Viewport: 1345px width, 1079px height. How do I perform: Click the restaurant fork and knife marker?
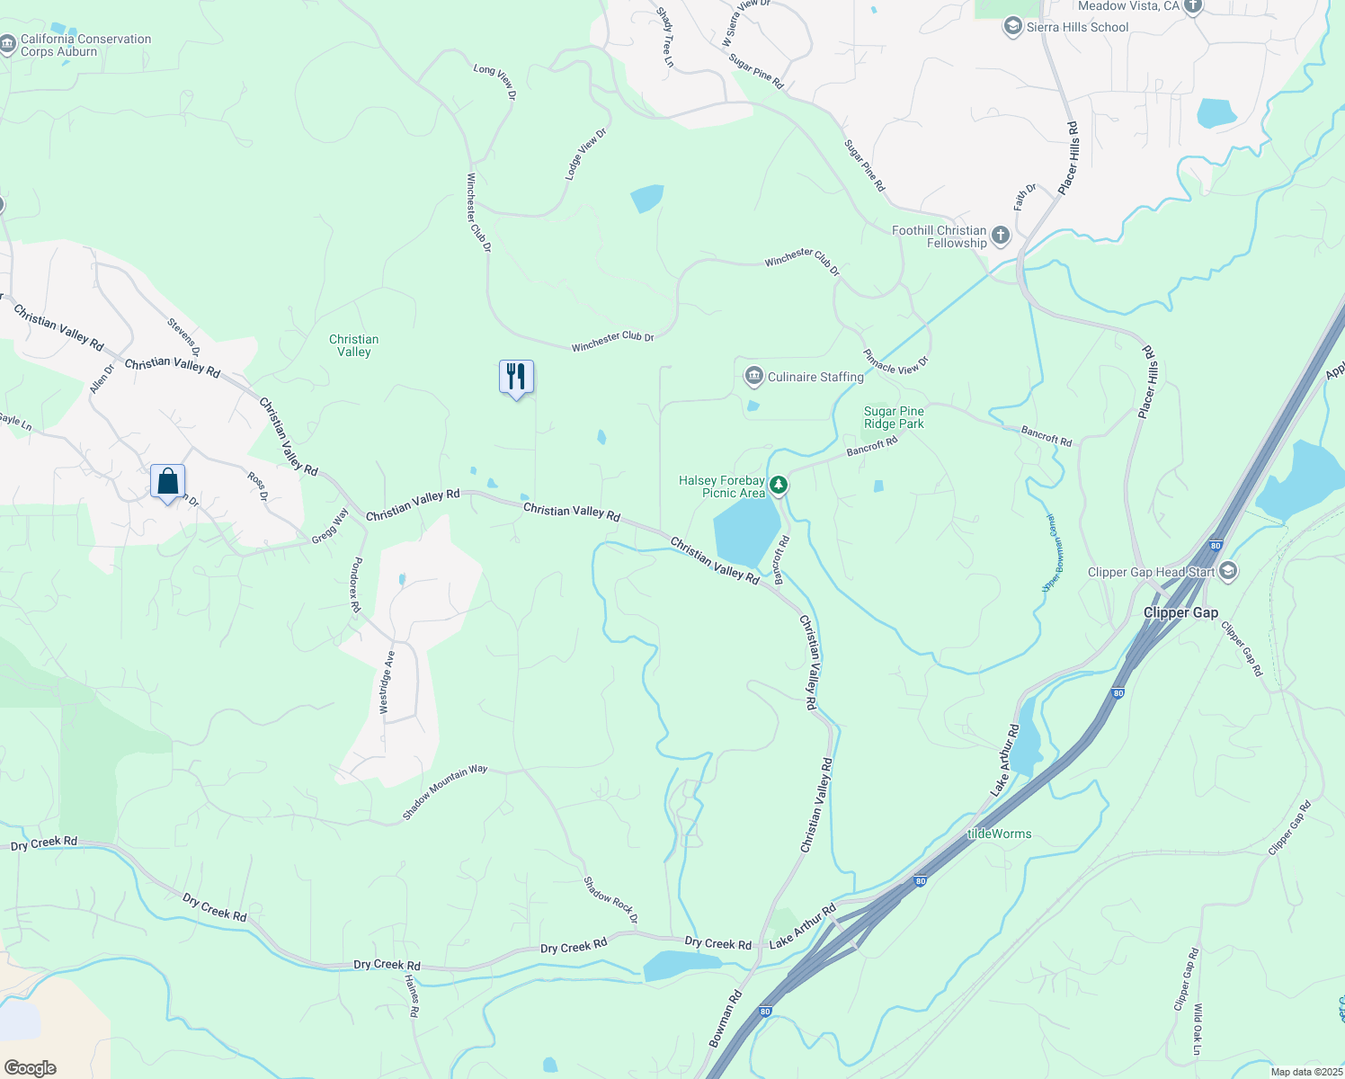516,377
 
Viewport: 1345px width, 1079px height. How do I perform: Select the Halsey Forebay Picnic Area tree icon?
779,486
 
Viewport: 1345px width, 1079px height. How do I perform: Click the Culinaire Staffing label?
815,377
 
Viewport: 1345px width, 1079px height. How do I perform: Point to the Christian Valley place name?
353,345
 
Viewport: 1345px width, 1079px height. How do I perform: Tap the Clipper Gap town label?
1180,612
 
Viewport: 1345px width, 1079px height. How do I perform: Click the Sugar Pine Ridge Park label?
894,417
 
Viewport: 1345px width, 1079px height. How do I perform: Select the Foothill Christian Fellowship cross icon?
1001,236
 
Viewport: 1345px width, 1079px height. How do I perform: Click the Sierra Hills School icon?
1013,27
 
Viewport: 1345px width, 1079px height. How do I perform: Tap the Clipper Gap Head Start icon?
1228,571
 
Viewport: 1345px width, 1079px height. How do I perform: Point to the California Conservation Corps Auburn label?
85,45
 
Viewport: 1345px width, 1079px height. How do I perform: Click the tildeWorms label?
999,834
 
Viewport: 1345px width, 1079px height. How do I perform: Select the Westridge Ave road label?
387,682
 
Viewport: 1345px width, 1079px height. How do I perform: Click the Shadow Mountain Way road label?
444,792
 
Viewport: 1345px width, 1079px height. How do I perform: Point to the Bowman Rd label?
725,1019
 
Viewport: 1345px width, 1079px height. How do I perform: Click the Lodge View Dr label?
585,155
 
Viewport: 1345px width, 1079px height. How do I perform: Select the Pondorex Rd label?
356,584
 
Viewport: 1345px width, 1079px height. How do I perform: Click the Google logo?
30,1067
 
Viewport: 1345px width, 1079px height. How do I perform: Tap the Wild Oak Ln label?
1198,1030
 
